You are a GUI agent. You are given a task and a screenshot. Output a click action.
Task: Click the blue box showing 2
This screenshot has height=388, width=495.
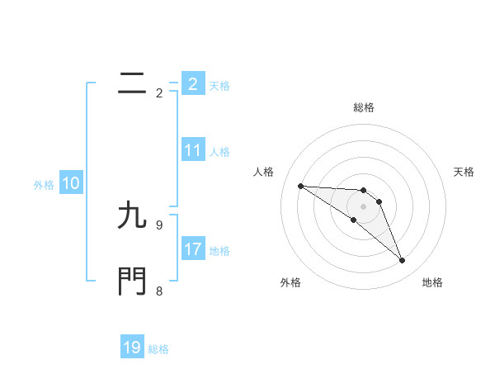click(193, 83)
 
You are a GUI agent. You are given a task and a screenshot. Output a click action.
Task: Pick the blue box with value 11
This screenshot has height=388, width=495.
click(193, 150)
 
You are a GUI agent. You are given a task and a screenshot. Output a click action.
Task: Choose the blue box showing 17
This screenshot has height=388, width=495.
click(193, 249)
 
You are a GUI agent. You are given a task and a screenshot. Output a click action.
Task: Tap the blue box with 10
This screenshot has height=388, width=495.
click(71, 183)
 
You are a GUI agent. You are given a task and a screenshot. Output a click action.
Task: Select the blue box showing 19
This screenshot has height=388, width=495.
click(132, 348)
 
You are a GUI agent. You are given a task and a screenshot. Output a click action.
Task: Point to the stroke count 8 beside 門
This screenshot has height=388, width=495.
click(159, 291)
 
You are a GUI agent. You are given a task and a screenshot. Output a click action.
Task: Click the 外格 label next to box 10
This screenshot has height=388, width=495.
click(44, 185)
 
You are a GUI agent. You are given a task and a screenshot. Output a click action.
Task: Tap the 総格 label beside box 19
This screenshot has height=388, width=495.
click(158, 349)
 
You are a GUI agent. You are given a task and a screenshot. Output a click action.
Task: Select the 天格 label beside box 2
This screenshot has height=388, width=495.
click(219, 85)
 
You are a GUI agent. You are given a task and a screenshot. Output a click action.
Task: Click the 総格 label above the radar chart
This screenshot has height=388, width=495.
click(364, 107)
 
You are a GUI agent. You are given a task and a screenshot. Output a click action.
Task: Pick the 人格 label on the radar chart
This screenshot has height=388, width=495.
click(263, 172)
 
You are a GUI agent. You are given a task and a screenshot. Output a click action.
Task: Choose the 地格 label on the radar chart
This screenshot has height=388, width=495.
click(432, 282)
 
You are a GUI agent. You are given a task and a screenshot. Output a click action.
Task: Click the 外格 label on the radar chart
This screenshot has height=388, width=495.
click(290, 282)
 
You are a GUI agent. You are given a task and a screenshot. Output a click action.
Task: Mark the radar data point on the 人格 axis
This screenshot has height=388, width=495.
click(300, 186)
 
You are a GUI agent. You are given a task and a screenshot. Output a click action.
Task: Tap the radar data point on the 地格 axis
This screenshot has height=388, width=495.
click(403, 261)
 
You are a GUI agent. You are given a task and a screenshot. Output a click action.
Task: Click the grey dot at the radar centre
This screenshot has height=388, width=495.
click(363, 206)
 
